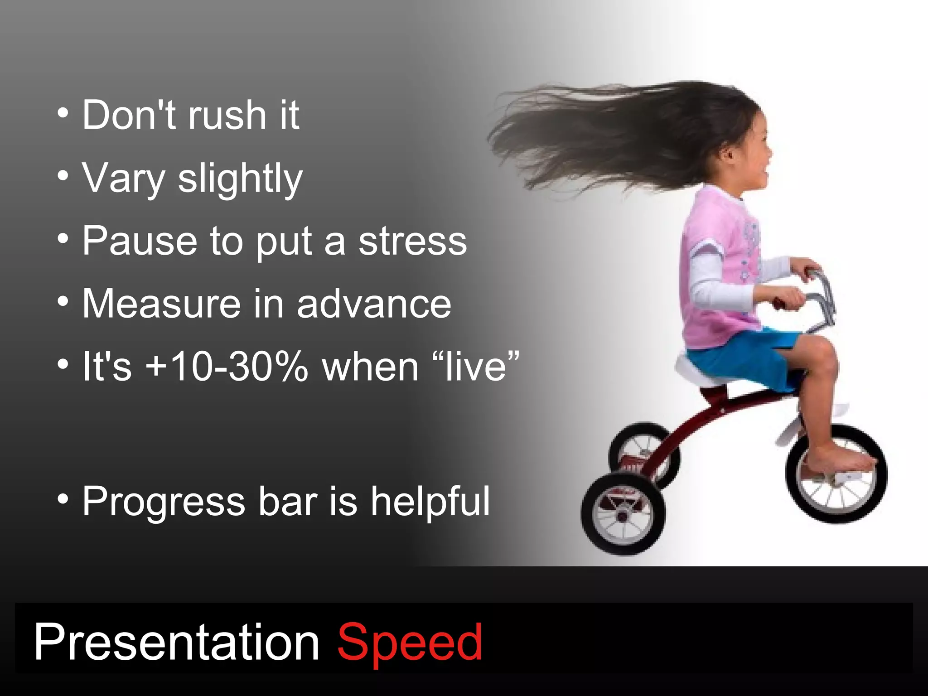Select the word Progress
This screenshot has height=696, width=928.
point(164,502)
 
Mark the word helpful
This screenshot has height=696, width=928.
point(430,502)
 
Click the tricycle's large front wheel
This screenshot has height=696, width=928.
point(836,474)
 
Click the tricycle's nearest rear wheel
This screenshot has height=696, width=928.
point(623,514)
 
